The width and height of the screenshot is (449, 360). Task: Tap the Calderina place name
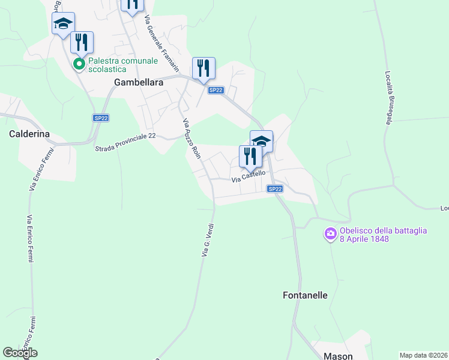[x=29, y=134]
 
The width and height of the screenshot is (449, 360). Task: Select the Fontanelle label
[x=305, y=295]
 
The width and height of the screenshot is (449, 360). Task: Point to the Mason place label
[x=338, y=356]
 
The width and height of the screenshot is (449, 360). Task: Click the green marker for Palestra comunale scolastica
[x=79, y=64]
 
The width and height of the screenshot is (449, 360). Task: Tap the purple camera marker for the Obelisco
[x=330, y=234]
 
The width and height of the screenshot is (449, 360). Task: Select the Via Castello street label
[x=249, y=176]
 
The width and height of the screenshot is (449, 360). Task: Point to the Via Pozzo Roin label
[x=191, y=137]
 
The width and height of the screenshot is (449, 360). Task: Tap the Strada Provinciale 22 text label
[x=125, y=142]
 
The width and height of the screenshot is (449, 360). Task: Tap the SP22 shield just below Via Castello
[x=274, y=189]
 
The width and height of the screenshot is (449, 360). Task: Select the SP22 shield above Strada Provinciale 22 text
[x=100, y=119]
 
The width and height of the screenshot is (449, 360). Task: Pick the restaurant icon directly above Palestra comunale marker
[x=82, y=42]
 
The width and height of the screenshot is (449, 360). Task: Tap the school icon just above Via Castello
[x=261, y=141]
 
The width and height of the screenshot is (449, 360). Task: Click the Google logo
[x=20, y=353]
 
